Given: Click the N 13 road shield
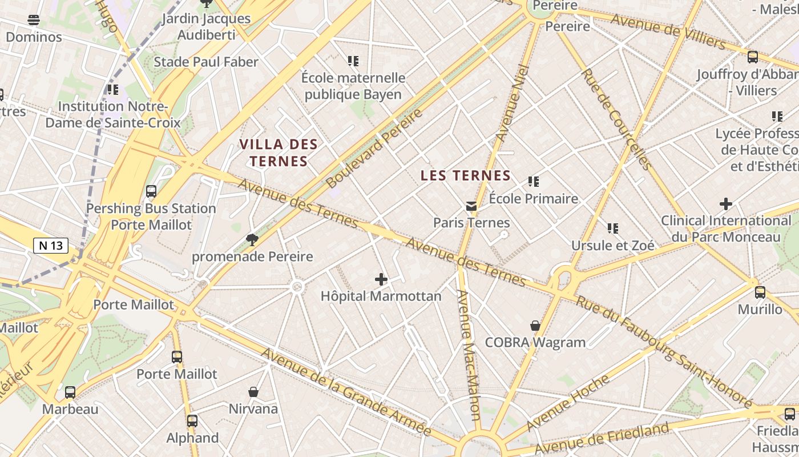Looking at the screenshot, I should point(51,246).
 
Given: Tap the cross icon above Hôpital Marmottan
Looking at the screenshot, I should point(381,279).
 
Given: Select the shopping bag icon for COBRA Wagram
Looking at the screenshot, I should point(535,326).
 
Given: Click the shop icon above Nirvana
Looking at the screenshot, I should point(253,392).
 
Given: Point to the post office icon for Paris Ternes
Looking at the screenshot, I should point(471,206).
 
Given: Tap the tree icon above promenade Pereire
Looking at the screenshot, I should point(252,239).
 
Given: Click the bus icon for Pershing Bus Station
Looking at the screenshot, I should point(151,191).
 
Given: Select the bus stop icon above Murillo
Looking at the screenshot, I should point(760,292).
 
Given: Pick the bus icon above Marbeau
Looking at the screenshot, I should point(70,392).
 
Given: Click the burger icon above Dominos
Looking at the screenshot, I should point(34,20).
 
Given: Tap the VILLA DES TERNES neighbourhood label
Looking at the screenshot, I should point(278,153).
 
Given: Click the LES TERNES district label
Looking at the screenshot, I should point(465,176).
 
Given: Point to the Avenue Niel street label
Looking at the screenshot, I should point(513,103).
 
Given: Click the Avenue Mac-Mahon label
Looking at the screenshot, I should point(469,355).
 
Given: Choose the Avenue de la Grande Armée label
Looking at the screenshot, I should point(346,392).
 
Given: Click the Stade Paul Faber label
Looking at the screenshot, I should point(206,62).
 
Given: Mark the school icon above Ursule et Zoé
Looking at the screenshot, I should point(613,228).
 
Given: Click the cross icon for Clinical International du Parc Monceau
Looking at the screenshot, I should point(726,204).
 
